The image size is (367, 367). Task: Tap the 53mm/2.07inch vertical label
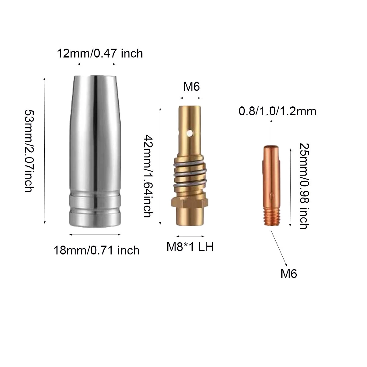point(30,150)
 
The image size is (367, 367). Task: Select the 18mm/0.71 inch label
point(96,250)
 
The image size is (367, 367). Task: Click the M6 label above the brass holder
point(191,87)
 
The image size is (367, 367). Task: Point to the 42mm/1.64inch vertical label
point(148,176)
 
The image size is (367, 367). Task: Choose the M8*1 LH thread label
point(190,247)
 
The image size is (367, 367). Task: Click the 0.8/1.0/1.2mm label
point(277,111)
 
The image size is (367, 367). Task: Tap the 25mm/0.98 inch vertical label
point(304,186)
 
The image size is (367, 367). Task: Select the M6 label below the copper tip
point(289,274)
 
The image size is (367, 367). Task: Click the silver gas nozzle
point(95,151)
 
